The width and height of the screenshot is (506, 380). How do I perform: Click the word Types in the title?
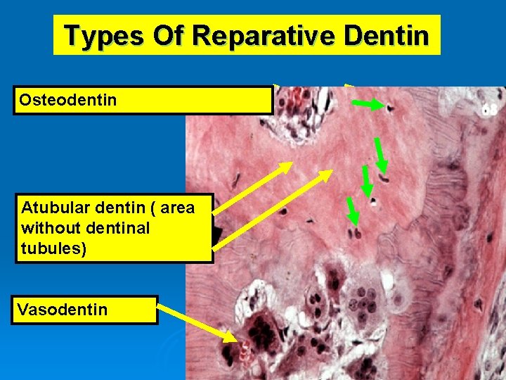click(105, 35)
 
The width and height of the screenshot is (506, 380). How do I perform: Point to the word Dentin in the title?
click(390, 35)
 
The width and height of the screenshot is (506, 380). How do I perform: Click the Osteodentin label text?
click(68, 101)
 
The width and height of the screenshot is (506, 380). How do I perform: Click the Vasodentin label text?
click(63, 310)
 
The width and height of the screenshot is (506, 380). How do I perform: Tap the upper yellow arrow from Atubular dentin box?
click(253, 186)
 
